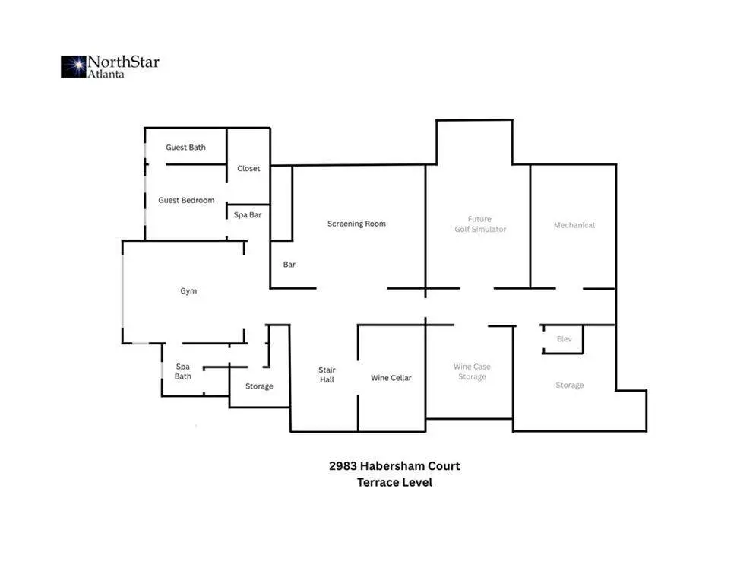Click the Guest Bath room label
185,148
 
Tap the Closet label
248,169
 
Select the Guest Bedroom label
186,200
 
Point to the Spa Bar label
248,214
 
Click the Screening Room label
356,224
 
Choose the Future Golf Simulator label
480,224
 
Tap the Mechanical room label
574,225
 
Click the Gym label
188,291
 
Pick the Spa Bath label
183,371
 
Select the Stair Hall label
327,375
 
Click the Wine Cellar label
391,378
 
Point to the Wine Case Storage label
472,372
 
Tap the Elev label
564,339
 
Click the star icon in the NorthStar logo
74,67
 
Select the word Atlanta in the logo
106,74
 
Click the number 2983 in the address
343,465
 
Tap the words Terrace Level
394,482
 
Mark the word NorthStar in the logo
123,62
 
